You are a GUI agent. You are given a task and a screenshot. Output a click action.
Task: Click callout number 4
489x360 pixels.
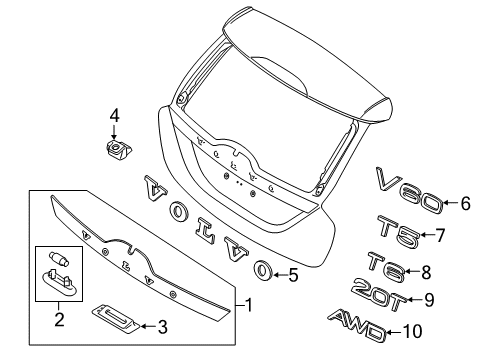(x=114, y=116)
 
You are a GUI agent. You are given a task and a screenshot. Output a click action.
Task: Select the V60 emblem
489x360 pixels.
(x=409, y=190)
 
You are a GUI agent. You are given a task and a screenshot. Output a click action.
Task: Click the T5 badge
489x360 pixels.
(x=399, y=231)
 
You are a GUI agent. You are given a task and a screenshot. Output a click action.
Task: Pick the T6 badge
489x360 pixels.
(x=386, y=266)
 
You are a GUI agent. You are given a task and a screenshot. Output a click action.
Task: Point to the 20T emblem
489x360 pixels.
(x=379, y=295)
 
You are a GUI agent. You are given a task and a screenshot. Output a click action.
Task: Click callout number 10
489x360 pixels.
(x=413, y=332)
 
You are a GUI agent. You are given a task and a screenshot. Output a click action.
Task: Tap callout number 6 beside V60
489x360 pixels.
(x=465, y=203)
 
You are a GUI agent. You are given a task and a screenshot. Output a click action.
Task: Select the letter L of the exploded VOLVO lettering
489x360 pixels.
(x=204, y=229)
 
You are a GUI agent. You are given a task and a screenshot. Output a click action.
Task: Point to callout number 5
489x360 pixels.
(x=293, y=275)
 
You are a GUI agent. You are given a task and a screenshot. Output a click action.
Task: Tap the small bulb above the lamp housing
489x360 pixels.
(x=59, y=258)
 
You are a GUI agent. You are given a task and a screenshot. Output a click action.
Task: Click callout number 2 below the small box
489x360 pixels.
(x=59, y=319)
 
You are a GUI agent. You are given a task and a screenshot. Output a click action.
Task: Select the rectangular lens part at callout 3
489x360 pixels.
(x=116, y=319)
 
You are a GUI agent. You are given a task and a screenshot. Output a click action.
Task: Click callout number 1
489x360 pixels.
(x=249, y=305)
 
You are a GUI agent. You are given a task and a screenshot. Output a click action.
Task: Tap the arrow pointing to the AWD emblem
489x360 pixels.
(x=395, y=332)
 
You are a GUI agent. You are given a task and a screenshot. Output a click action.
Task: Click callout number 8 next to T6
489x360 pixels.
(x=426, y=272)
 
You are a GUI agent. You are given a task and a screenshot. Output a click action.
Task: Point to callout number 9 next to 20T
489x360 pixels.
(x=429, y=300)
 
